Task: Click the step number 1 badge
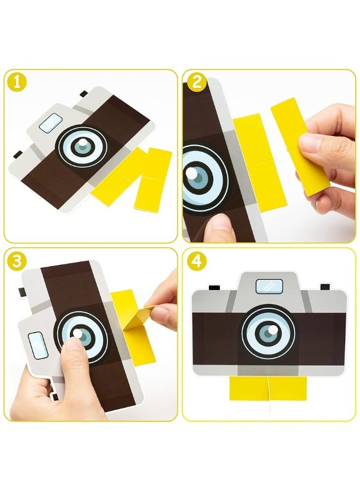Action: pos(17,82)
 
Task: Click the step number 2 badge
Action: pos(197,82)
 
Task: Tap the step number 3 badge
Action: pos(17,261)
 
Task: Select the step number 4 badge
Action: pos(197,261)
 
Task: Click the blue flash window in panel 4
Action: pos(269,286)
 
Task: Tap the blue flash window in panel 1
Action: pos(51,122)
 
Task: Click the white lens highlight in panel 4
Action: pos(273,330)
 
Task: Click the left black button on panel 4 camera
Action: pos(214,287)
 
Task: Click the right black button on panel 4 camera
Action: pos(325,287)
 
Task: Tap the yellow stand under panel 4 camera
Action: pos(268,388)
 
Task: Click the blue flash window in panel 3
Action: pos(38,345)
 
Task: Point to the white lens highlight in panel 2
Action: pos(190,173)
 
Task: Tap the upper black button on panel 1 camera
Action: pos(84,94)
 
